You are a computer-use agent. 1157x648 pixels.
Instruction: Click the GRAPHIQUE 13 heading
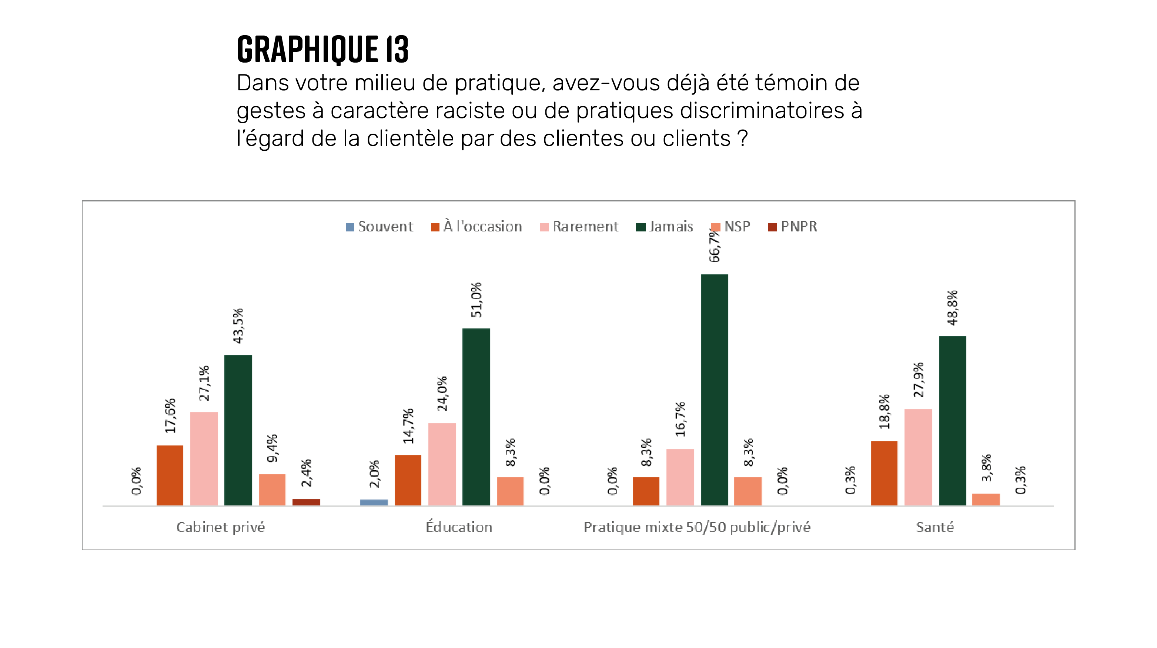coord(322,49)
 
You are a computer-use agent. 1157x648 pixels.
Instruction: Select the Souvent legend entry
coord(379,226)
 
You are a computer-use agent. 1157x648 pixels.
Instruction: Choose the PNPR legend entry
coord(792,226)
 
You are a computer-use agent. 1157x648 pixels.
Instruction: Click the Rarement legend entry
coord(579,226)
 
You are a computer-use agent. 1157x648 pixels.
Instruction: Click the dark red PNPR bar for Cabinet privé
coord(306,502)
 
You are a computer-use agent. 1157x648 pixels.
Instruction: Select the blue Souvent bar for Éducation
coord(374,502)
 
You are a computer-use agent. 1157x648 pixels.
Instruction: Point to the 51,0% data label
coord(476,300)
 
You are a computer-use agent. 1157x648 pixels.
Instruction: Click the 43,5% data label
coord(238,325)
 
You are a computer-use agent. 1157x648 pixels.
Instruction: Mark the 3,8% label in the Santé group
coord(986,468)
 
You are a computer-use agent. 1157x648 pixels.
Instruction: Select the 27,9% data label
coord(919,380)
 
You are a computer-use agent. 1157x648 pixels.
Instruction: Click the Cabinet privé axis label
coord(221,527)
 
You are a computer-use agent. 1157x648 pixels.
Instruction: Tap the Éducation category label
coord(459,527)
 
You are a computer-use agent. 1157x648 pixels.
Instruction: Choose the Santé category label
coord(935,527)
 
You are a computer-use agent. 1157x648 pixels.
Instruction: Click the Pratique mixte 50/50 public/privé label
coord(697,527)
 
